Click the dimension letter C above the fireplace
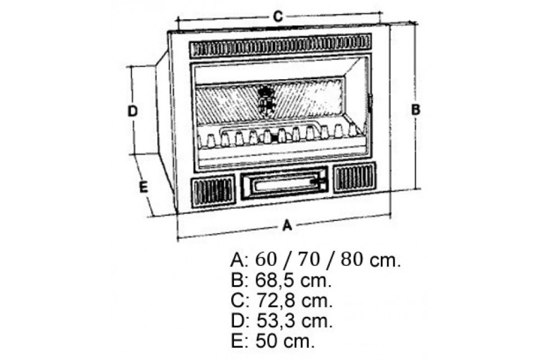pos(278,17)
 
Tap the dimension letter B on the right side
pos(415,110)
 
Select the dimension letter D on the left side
pos(132,111)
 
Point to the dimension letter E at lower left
pos(144,187)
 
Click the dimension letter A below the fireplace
pos(287,225)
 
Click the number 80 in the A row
pos(352,260)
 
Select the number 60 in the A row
pos(266,260)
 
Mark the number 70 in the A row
pos(309,260)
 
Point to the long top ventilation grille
pos(280,45)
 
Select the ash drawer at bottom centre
pos(284,183)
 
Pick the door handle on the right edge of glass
pos(370,103)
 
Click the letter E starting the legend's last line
pos(237,341)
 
